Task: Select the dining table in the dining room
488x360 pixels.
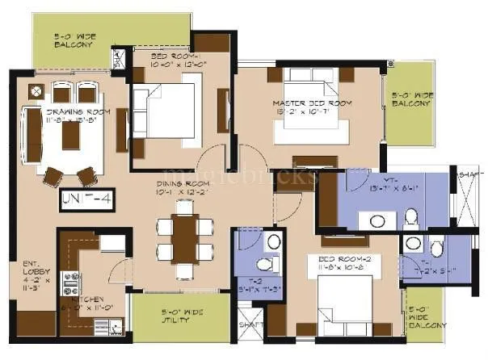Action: pos(185,238)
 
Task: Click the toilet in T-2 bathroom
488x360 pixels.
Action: pos(263,264)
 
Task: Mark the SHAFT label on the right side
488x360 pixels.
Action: pos(469,175)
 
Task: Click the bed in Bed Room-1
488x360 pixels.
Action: pos(169,107)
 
